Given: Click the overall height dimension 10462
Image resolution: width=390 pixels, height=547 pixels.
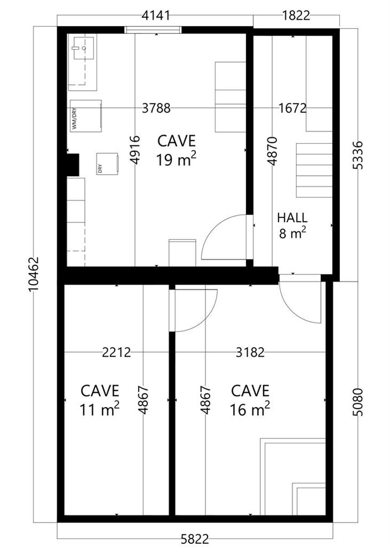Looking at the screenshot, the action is (34, 274).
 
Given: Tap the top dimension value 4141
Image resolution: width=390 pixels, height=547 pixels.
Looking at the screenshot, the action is (156, 16).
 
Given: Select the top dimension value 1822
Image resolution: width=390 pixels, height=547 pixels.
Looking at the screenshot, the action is (296, 16).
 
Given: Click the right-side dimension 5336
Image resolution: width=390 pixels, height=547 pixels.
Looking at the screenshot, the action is (358, 155).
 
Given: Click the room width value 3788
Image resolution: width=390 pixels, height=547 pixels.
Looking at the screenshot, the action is (156, 108).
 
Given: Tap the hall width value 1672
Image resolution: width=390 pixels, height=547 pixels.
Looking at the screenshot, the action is (292, 108).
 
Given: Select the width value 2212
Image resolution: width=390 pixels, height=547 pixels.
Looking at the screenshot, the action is (116, 352).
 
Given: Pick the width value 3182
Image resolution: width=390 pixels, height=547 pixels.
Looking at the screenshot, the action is (250, 352).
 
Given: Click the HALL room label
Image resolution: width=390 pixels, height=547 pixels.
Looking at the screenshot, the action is (292, 218).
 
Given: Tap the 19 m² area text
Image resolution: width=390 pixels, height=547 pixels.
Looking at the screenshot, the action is (176, 160).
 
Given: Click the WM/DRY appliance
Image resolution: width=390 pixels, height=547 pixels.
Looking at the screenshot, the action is (86, 116).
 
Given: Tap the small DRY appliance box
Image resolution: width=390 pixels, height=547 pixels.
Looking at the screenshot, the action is (108, 164).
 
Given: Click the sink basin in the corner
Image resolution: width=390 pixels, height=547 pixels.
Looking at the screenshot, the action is (83, 48).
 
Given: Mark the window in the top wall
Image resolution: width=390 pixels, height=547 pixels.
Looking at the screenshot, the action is (153, 30).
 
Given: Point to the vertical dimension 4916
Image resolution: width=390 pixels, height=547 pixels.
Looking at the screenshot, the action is (135, 150).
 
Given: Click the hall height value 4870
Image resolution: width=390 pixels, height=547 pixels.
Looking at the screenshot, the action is (272, 151).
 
